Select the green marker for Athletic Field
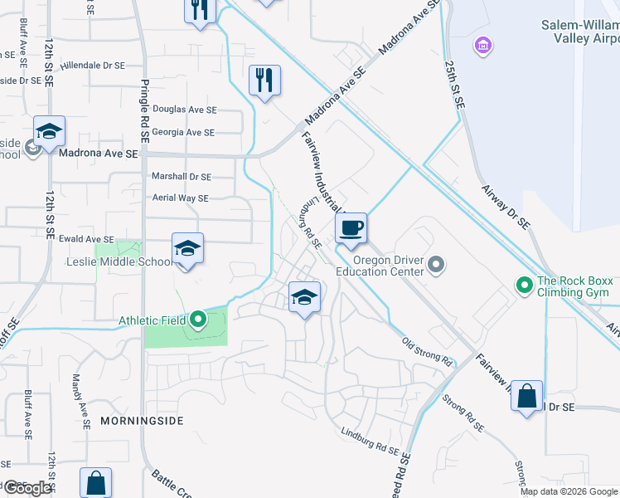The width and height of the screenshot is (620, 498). [x=197, y=319]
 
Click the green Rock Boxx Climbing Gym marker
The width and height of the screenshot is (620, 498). [x=524, y=286]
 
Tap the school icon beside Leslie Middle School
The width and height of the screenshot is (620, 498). [x=187, y=248]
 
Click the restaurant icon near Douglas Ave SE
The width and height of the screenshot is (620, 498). [x=264, y=81]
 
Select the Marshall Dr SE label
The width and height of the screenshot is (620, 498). [x=182, y=177]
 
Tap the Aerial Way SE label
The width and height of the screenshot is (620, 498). [x=180, y=198]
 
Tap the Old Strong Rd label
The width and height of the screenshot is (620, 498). [x=427, y=351]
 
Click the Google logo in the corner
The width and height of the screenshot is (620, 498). [x=27, y=487]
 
